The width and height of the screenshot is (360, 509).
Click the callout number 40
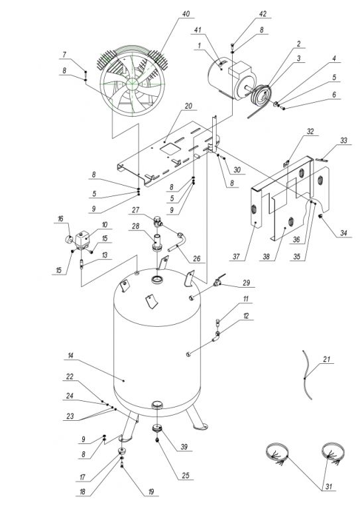186,14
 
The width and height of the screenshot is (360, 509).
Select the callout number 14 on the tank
70,356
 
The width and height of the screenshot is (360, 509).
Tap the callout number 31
329,486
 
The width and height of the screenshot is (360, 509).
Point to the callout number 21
327,359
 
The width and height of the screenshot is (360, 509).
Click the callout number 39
184,447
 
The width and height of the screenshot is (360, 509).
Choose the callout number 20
188,106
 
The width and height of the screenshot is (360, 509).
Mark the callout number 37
236,256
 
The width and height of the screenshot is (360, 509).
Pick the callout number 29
247,283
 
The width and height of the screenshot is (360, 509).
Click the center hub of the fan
132,83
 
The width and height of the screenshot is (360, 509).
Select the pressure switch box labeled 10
84,239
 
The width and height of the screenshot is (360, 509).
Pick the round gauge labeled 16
69,241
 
